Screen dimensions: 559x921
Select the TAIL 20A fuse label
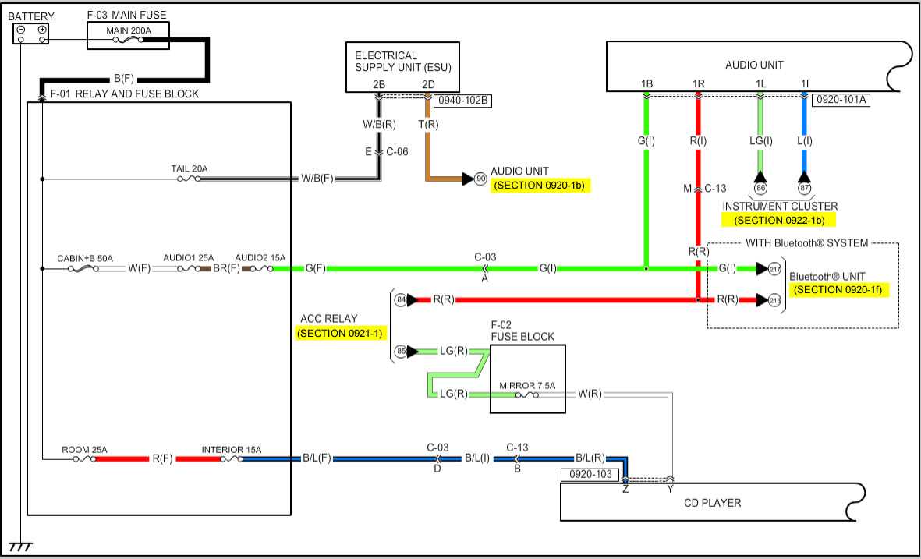coord(189,168)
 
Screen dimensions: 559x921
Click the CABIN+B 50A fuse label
coord(85,258)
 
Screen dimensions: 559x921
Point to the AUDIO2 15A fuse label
coord(260,258)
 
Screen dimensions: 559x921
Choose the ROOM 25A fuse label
coord(84,450)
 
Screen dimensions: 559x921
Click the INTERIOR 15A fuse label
coord(232,450)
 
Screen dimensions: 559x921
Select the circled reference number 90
coord(480,179)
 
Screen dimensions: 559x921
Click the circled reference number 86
coord(760,188)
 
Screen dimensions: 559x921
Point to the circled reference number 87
coord(804,188)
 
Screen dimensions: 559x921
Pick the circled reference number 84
coord(401,299)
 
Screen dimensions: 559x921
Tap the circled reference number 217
coord(774,269)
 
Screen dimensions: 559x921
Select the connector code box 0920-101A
coord(841,100)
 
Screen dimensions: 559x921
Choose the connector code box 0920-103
coord(590,474)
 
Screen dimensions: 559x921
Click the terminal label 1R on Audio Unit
coord(698,83)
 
